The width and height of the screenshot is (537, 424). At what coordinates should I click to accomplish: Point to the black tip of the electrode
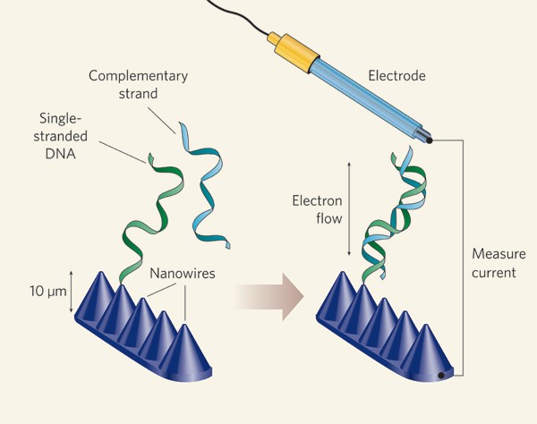(429, 140)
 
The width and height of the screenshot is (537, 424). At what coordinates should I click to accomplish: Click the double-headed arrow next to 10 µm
(71, 290)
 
